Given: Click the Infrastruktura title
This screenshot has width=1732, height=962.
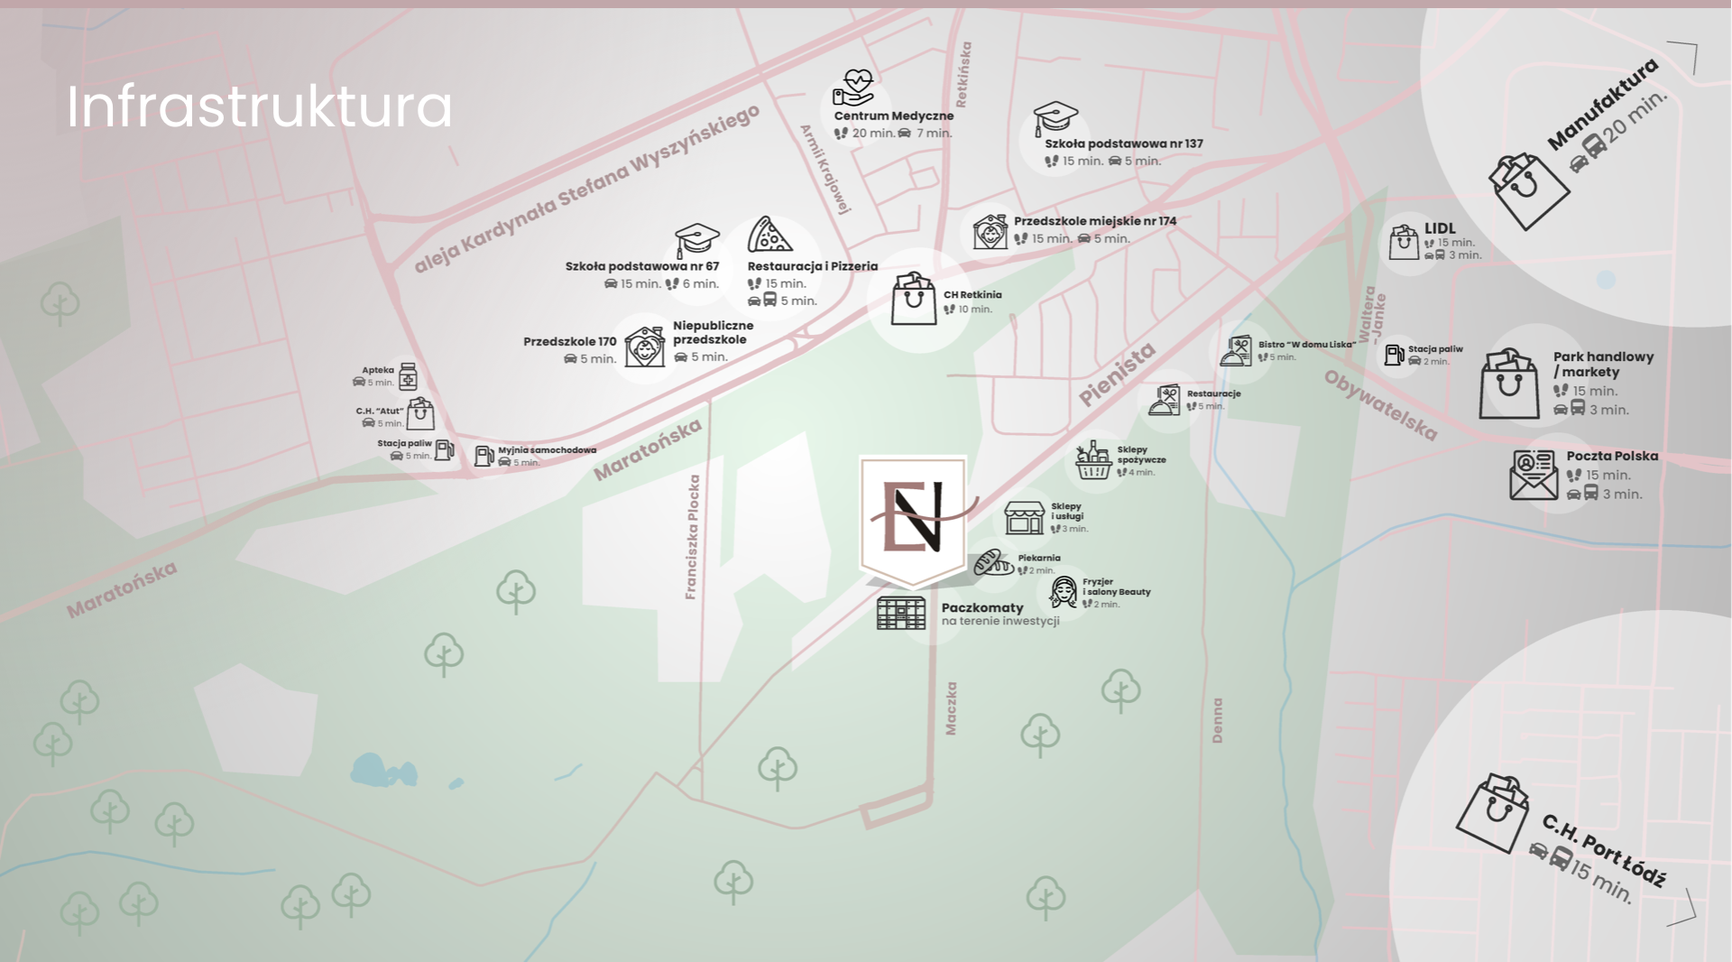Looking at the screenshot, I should click(x=259, y=106).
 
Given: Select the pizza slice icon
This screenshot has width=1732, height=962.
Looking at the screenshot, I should click(x=769, y=235).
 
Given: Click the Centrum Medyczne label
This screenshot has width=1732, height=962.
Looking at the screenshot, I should click(x=893, y=116).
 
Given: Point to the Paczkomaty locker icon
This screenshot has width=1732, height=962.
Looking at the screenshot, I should click(x=900, y=612).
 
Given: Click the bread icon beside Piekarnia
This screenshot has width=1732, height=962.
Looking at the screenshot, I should click(x=992, y=562).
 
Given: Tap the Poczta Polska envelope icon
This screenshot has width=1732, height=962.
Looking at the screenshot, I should click(x=1534, y=475).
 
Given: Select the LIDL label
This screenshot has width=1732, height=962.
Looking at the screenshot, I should click(x=1440, y=228).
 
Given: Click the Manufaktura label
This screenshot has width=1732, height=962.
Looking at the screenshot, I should click(x=1602, y=105).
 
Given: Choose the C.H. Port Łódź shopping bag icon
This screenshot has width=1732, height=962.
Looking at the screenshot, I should click(x=1494, y=812).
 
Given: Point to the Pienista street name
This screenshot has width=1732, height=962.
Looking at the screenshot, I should click(x=1117, y=375).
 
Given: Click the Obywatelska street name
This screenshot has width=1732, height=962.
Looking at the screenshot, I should click(x=1379, y=405).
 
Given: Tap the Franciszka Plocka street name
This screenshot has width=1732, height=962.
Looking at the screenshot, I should click(x=693, y=536).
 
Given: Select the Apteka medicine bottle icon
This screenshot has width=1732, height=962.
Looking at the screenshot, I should click(x=408, y=376).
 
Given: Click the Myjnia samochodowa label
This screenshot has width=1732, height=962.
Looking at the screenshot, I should click(x=547, y=449).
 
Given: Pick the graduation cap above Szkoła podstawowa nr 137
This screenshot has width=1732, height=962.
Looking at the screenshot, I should click(x=1055, y=118).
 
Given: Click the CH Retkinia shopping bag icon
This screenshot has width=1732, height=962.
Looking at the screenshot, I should click(x=914, y=299).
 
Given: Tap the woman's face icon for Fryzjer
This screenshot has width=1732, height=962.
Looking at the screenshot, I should click(x=1064, y=592).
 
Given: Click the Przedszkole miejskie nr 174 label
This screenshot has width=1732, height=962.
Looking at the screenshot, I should click(x=1094, y=221).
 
